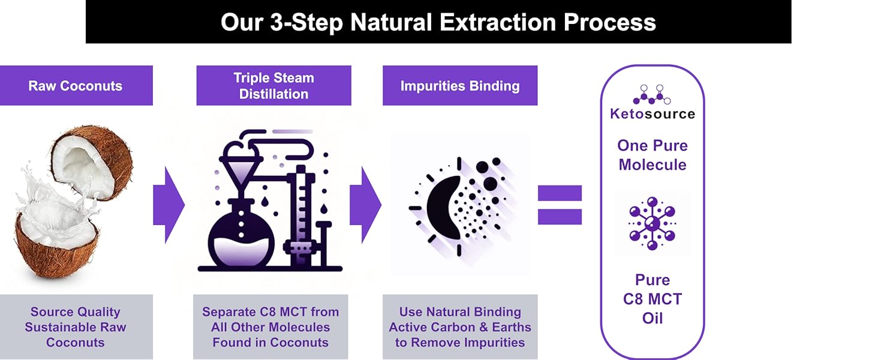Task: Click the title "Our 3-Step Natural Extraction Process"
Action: (x=438, y=22)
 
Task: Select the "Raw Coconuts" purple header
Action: (x=76, y=86)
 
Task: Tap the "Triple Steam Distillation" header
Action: (x=273, y=86)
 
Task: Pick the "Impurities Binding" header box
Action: (x=460, y=86)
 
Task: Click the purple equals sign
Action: (x=560, y=205)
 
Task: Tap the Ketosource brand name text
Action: (x=653, y=113)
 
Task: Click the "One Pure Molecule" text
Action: (x=653, y=155)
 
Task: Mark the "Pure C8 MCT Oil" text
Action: (x=653, y=299)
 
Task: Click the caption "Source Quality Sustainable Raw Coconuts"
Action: (x=76, y=327)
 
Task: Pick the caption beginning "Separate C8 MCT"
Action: (x=270, y=327)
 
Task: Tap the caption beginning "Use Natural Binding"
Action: (x=460, y=327)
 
